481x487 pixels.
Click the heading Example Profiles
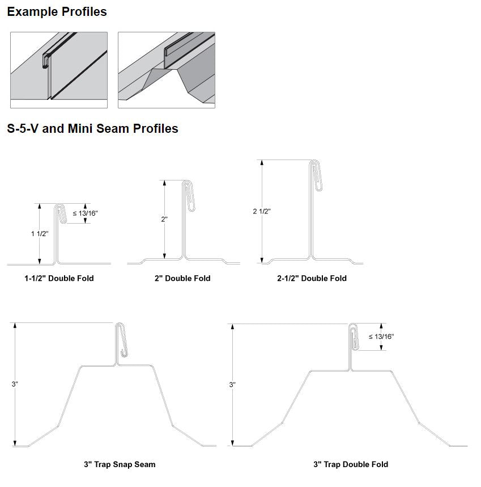coord(57,12)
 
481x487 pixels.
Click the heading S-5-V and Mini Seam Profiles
coord(92,129)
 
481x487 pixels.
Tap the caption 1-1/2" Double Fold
coord(59,278)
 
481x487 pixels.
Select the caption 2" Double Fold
coord(182,278)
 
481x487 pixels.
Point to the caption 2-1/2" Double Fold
coord(312,278)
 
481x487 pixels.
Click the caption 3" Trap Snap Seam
coord(120,464)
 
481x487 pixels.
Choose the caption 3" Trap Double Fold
coord(351,464)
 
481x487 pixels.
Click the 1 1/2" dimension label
coord(40,234)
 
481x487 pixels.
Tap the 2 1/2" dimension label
coord(262,211)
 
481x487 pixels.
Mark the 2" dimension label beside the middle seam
coord(164,219)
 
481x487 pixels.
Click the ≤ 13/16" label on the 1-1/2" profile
coord(85,213)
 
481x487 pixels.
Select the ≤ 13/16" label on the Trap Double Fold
coord(381,337)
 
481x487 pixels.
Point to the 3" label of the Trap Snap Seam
coord(15,384)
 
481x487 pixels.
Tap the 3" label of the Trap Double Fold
coord(232,384)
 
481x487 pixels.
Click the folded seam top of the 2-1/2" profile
coord(316,175)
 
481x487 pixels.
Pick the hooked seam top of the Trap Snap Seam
coord(121,339)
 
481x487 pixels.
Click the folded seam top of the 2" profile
coord(189,196)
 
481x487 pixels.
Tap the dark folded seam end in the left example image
coord(46,61)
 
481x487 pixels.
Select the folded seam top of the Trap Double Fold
coord(354,337)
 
